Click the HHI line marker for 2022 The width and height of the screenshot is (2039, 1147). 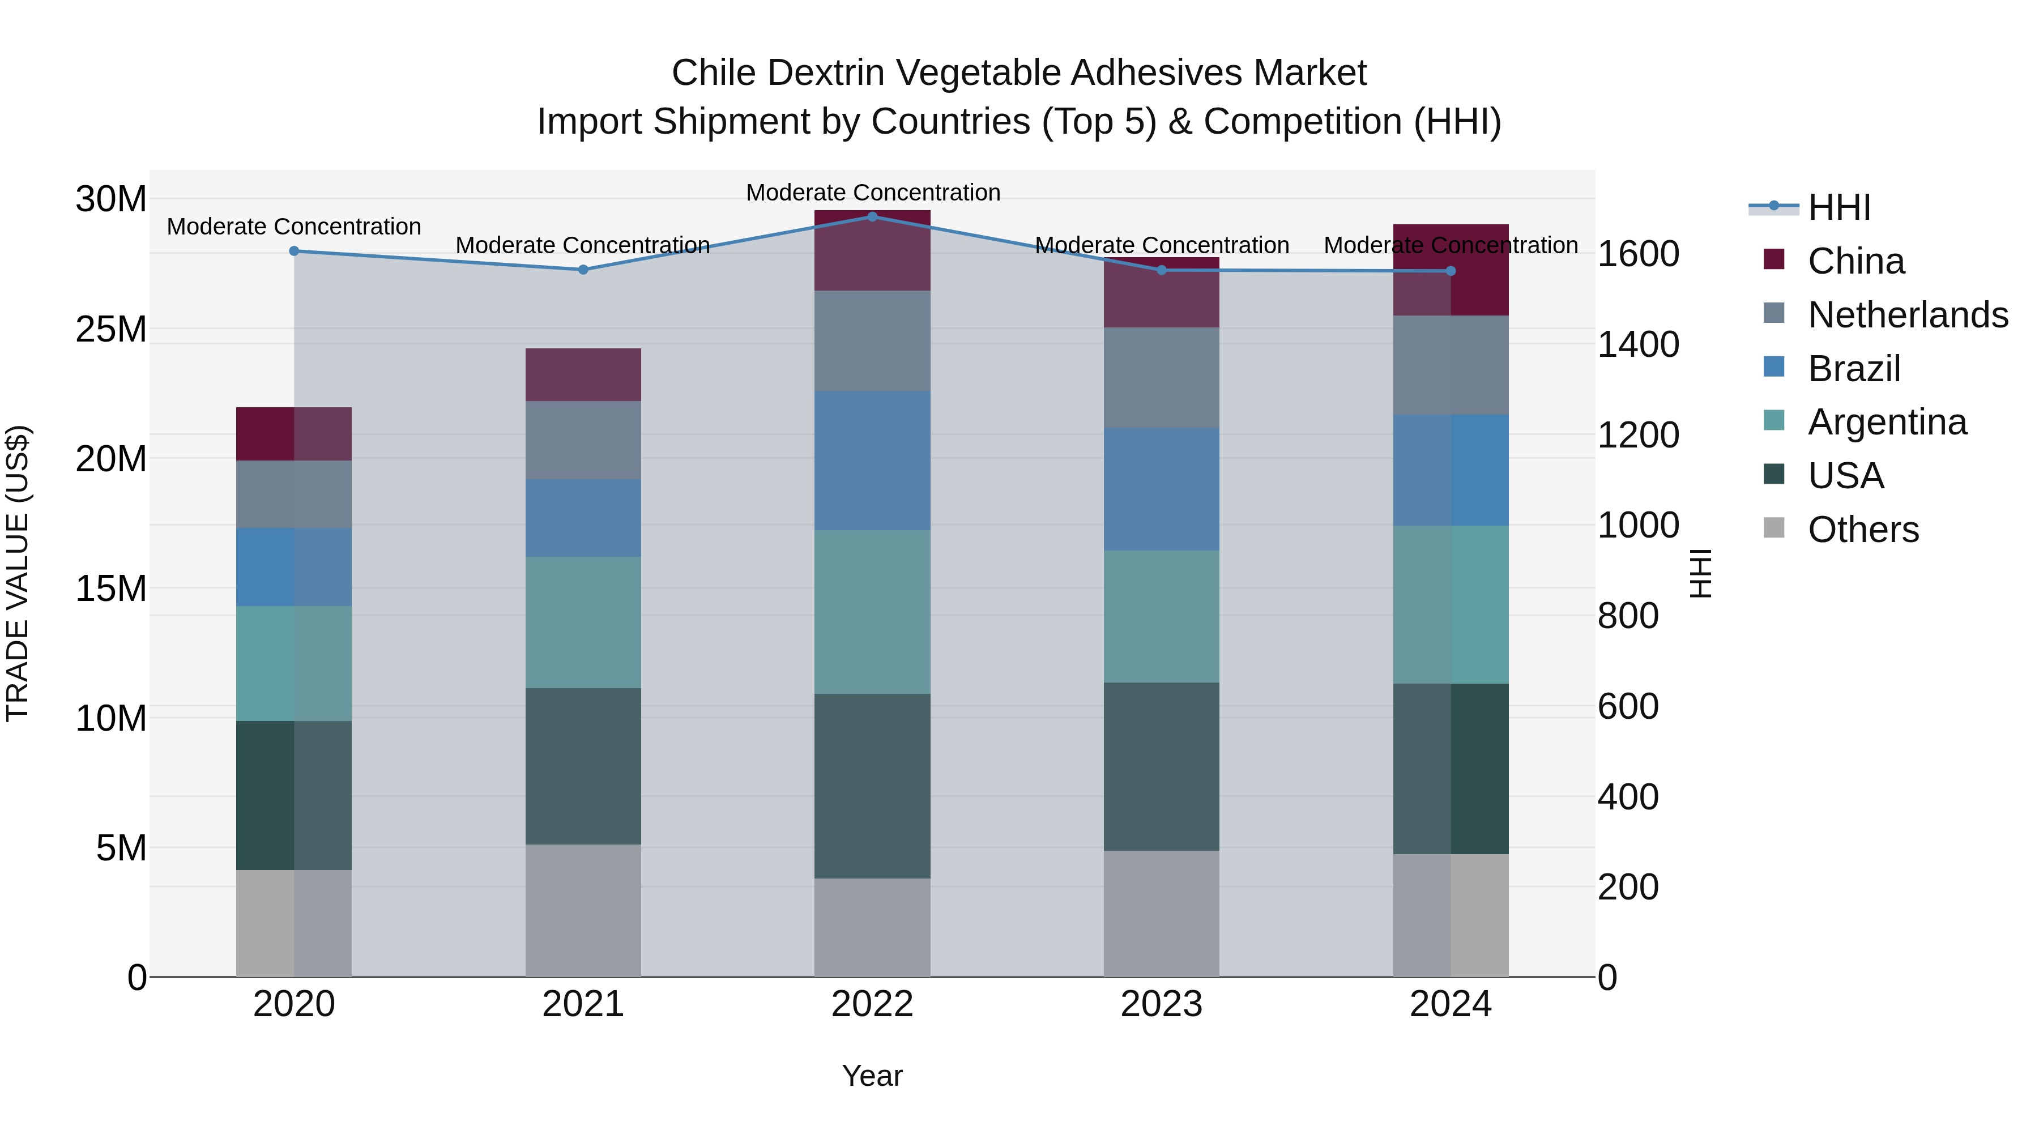click(872, 216)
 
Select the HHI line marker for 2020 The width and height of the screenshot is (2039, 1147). click(293, 251)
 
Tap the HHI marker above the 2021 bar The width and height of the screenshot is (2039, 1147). click(583, 269)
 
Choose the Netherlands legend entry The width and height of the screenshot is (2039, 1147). click(1907, 315)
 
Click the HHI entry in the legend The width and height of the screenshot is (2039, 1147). click(1838, 207)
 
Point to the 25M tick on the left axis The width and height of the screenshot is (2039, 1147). click(111, 329)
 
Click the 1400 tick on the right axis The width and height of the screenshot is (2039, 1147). click(1637, 344)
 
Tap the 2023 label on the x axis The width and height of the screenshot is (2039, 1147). click(1161, 1004)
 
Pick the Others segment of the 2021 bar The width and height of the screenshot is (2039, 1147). click(583, 910)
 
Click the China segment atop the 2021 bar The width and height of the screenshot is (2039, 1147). click(583, 374)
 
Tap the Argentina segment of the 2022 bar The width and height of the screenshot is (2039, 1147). click(872, 611)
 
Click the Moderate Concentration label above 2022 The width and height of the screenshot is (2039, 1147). click(873, 193)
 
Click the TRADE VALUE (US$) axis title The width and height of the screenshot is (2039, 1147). click(18, 573)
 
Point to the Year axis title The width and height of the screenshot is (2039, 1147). click(872, 1076)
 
